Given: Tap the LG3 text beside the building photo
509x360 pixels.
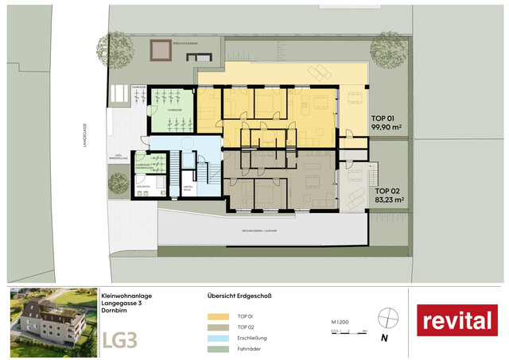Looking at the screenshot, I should [x=119, y=339].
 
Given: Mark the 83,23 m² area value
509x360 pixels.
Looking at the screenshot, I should [x=390, y=201].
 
